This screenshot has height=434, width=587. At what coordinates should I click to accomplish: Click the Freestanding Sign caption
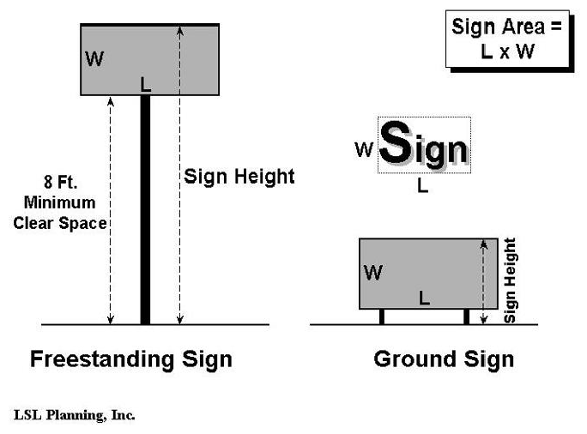[130, 359]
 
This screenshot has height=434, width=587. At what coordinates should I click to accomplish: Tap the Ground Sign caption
[444, 359]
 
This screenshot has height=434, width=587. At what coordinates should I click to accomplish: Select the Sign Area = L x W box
[507, 39]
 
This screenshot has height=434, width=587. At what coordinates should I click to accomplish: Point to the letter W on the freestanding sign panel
[94, 60]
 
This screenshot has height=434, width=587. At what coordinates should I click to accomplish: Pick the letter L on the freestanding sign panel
[145, 84]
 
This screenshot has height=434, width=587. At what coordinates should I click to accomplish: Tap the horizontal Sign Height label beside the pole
[239, 177]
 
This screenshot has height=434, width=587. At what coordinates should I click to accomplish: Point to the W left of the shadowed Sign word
[364, 149]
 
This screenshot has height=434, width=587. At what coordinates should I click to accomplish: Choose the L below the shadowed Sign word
[422, 185]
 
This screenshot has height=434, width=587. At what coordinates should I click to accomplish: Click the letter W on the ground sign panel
[373, 273]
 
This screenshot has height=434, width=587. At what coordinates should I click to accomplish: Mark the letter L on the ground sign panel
[424, 298]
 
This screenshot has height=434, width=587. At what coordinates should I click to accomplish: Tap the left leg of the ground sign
[381, 316]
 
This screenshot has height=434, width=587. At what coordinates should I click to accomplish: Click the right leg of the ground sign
[466, 316]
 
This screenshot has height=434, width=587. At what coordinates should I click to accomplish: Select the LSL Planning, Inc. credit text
[75, 415]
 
